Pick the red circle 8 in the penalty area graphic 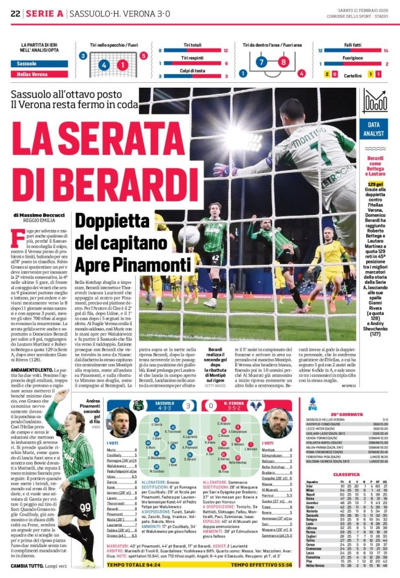click(x=283, y=62)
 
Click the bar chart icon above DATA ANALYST click(x=375, y=101)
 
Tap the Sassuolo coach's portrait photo click(x=121, y=424)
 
